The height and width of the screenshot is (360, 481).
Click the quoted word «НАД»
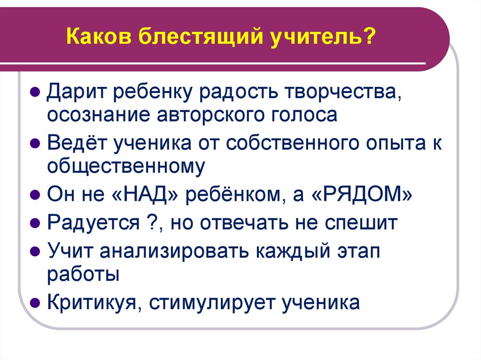point(147,194)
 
